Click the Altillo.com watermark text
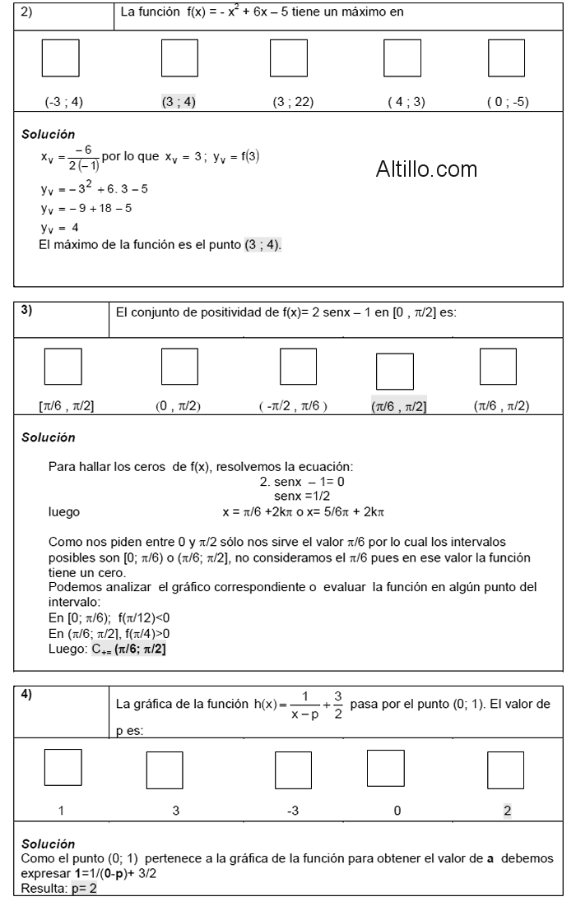click(x=426, y=170)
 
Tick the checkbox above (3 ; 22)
click(x=289, y=58)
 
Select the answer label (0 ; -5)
click(x=508, y=103)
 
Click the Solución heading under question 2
click(x=48, y=134)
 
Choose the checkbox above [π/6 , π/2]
click(x=63, y=367)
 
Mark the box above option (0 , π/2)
click(x=179, y=367)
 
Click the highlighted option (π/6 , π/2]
click(x=398, y=407)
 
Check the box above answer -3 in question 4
click(x=293, y=770)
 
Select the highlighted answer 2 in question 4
click(x=507, y=811)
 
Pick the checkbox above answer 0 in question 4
click(x=397, y=770)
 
